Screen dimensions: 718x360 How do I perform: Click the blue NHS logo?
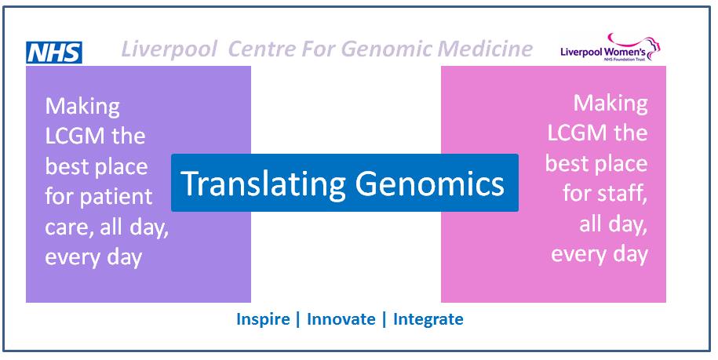[x=54, y=53]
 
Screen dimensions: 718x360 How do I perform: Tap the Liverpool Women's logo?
[x=610, y=48]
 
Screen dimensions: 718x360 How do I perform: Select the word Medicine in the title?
[x=486, y=49]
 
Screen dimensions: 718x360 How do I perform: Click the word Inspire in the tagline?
[x=263, y=319]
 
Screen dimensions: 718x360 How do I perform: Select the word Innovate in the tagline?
[x=341, y=319]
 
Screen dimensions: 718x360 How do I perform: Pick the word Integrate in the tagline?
[x=428, y=319]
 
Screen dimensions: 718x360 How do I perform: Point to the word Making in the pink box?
[x=610, y=105]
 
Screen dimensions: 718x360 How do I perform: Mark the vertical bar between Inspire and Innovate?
[x=298, y=319]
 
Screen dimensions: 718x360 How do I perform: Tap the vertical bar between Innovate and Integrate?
[x=385, y=319]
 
